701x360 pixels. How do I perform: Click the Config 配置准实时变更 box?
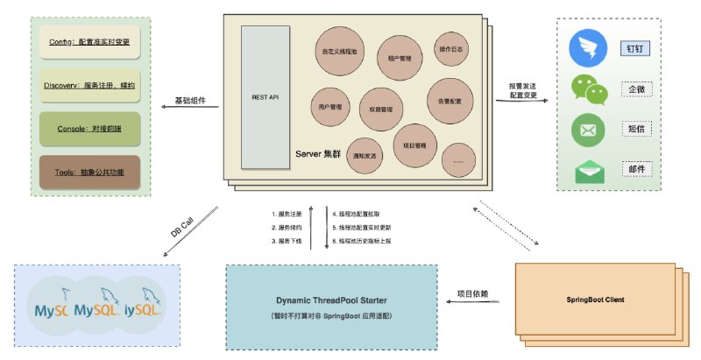coord(91,41)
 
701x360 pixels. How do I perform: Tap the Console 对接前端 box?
coord(91,129)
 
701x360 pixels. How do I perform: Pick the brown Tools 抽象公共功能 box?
coord(91,173)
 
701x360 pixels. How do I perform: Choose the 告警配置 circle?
coord(450,101)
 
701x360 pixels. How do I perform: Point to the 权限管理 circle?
coord(381,109)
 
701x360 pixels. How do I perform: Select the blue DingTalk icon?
coord(587,48)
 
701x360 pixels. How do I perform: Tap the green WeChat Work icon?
coord(587,89)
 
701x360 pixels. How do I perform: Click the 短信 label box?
coord(636,130)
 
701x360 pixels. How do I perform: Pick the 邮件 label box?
coord(636,168)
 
